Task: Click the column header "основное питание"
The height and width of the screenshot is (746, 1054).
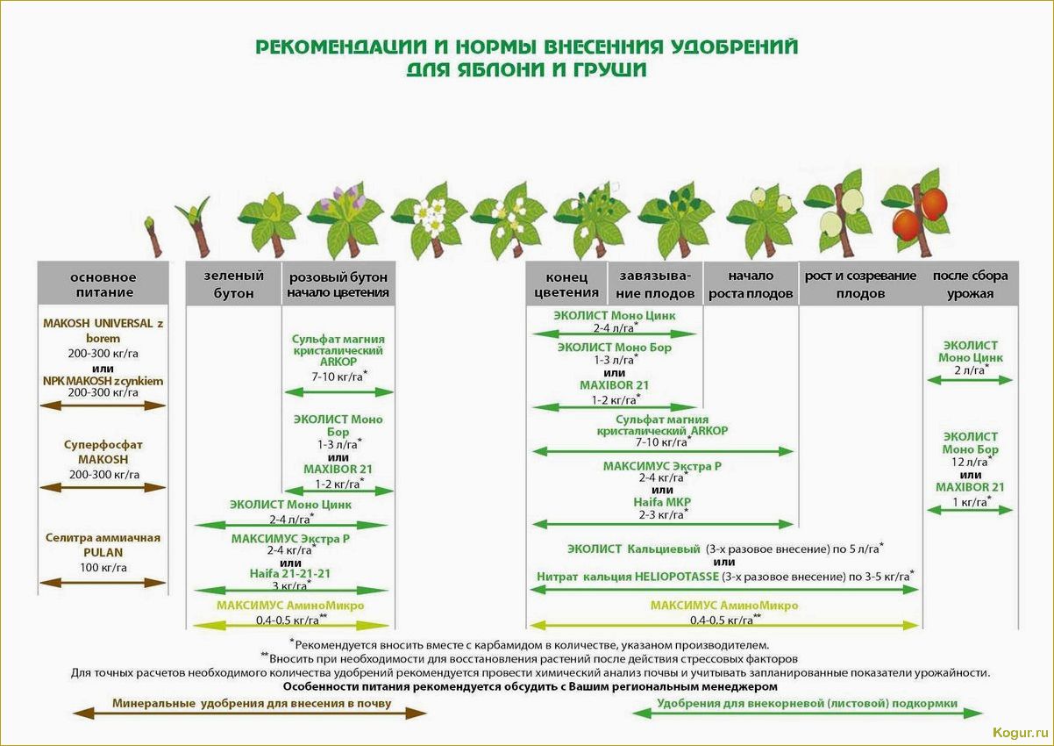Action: [x=103, y=284]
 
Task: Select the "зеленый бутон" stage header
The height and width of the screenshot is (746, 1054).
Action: [x=233, y=284]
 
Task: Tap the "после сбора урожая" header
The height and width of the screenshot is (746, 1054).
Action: [x=970, y=284]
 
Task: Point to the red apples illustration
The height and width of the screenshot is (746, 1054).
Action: [x=919, y=211]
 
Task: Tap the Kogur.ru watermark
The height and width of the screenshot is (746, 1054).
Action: [x=1020, y=732]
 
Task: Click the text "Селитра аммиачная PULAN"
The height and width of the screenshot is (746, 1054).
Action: [x=103, y=544]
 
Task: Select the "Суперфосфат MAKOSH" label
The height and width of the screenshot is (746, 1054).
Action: [x=103, y=451]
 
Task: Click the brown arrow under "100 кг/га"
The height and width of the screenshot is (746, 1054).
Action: [x=103, y=582]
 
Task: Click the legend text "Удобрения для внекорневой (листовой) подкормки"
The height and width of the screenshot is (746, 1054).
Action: [x=807, y=703]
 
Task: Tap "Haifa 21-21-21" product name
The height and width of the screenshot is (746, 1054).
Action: [x=290, y=573]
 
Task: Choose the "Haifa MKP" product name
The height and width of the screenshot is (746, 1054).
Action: [x=663, y=502]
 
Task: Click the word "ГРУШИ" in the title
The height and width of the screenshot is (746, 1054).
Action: [x=606, y=69]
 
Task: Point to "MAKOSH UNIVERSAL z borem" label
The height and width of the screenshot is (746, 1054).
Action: [x=103, y=330]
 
